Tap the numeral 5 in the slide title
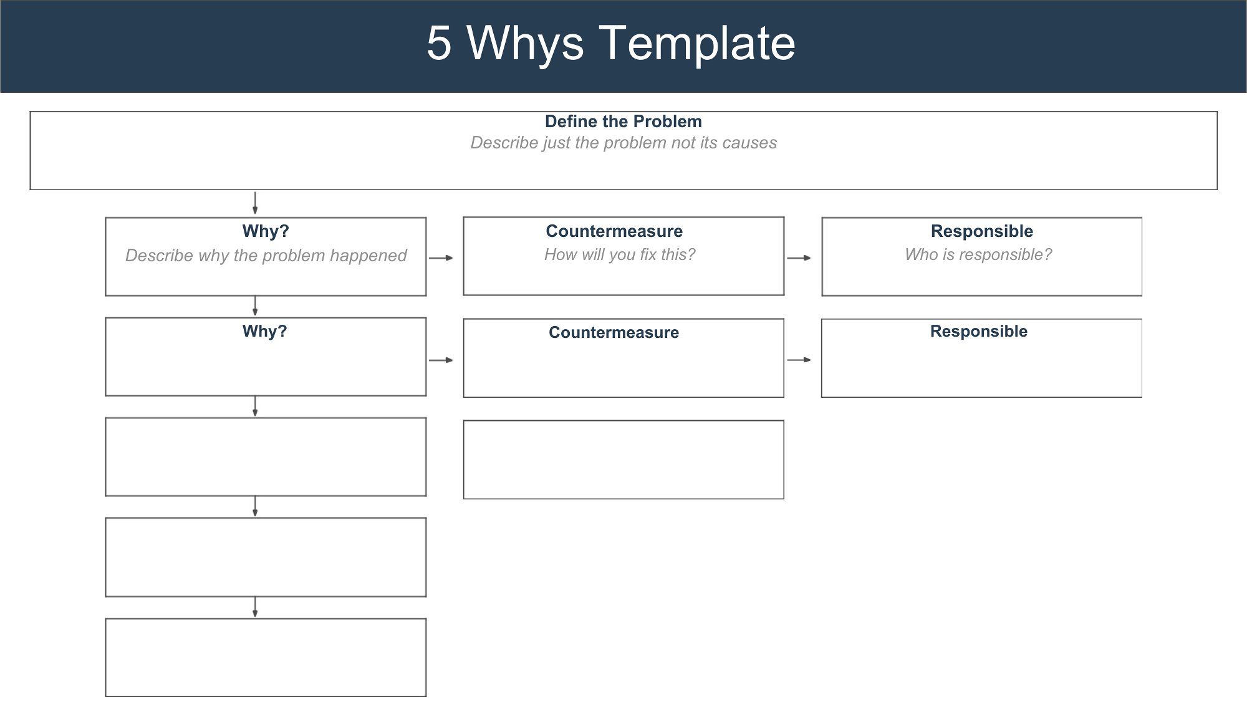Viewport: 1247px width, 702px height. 439,43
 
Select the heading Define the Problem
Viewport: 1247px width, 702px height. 623,122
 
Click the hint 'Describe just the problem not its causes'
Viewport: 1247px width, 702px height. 623,143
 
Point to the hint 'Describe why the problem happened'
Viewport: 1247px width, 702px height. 266,256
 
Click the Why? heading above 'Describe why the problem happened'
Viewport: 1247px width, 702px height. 266,231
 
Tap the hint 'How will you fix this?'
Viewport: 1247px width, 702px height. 620,254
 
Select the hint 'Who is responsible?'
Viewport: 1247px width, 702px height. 978,254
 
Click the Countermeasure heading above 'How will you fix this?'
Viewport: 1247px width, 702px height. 614,231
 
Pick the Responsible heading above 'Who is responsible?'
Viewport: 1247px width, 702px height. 982,231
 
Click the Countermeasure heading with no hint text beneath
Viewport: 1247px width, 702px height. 614,332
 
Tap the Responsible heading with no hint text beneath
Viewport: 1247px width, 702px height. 979,331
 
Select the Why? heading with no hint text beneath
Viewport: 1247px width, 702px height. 265,331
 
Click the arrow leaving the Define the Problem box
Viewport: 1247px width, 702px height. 255,203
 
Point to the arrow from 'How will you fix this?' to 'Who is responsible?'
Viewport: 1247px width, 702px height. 799,257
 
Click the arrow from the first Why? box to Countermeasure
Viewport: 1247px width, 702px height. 441,257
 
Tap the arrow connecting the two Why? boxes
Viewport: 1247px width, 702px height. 255,306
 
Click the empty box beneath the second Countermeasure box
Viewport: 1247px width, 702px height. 623,421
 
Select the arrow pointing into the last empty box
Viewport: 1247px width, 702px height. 255,607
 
